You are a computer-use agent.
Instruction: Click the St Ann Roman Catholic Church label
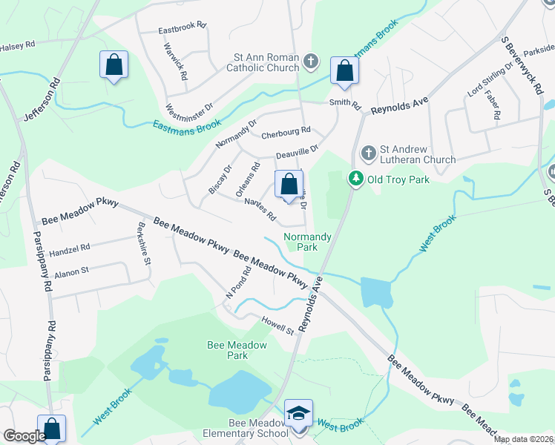(x=255, y=65)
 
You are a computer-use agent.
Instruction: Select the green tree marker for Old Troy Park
(x=356, y=179)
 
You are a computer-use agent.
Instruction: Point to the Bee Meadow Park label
(x=227, y=350)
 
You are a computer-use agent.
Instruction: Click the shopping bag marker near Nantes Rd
(x=289, y=184)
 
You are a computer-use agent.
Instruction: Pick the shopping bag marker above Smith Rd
(x=344, y=71)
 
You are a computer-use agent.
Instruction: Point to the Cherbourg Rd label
(x=286, y=133)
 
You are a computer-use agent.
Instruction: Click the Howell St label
(x=277, y=323)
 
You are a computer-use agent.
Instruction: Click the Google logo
(x=24, y=436)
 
